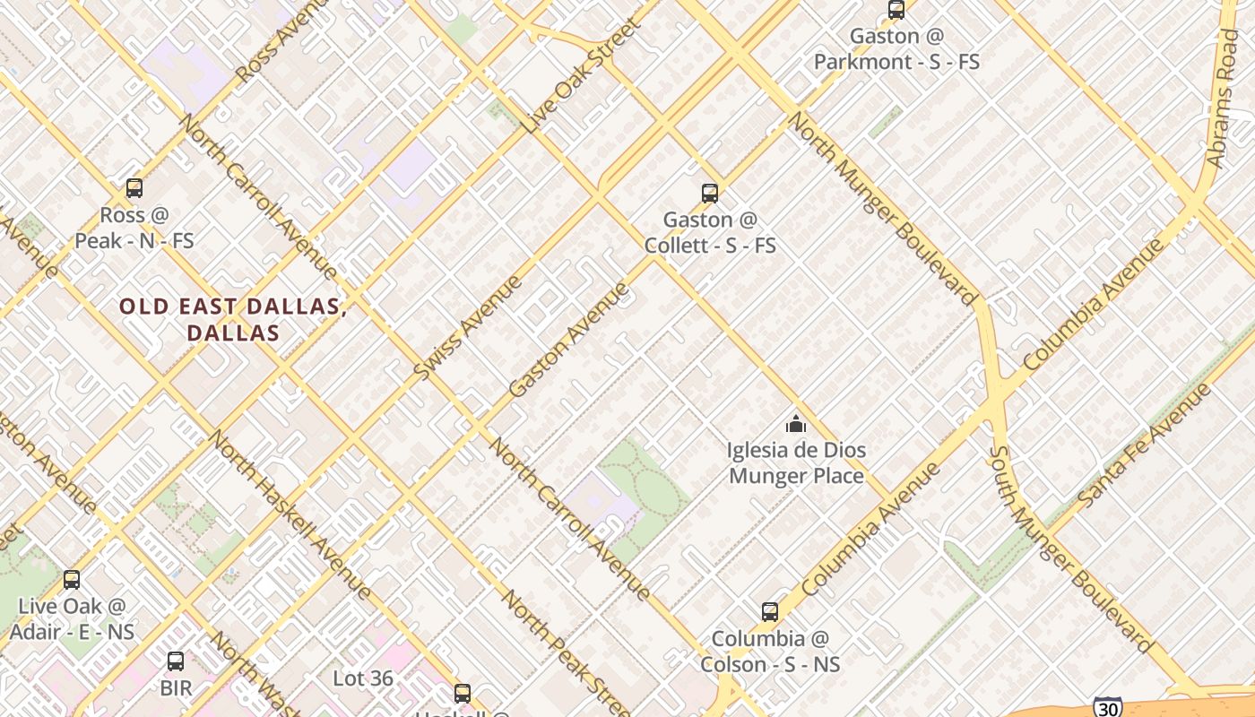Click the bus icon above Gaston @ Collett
pos(710,193)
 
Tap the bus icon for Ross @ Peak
pos(134,188)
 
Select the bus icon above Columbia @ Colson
pos(770,612)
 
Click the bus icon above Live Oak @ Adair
pos(72,580)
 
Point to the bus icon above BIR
pos(176,661)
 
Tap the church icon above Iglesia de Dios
pos(796,424)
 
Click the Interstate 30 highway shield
pos(1108,706)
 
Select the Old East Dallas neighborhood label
pos(233,319)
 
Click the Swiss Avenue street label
pos(468,327)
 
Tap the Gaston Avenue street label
pos(569,339)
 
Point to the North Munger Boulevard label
pos(883,209)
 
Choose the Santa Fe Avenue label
pos(1146,445)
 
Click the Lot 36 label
pos(363,678)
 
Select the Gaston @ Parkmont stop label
pos(896,49)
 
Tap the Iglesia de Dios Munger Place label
pos(796,462)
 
